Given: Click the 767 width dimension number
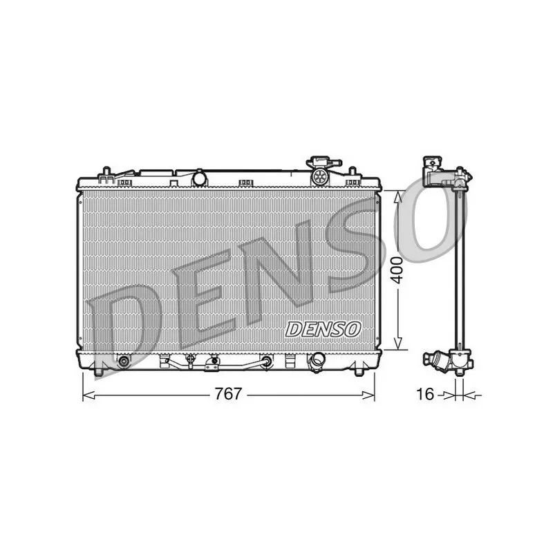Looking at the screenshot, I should tap(227, 394).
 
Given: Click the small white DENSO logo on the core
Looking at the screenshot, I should tap(323, 329).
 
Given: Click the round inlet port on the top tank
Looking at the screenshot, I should tap(199, 178).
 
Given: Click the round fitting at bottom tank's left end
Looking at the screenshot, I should tap(124, 361).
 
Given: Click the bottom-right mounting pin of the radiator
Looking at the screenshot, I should tap(358, 373).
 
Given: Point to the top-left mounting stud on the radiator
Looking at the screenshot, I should tap(105, 171).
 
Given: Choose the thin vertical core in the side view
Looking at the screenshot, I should tap(459, 270).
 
